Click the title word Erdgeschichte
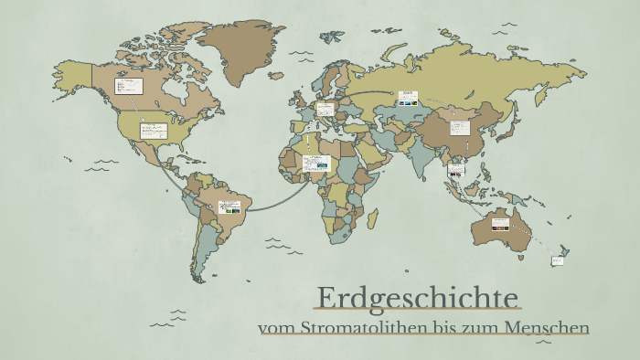[418, 298]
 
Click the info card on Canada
[129, 87]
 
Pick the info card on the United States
[152, 131]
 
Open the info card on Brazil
[229, 207]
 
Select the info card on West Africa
[316, 163]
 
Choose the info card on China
[462, 125]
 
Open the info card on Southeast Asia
[456, 169]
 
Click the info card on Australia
[500, 222]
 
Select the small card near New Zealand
[557, 261]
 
